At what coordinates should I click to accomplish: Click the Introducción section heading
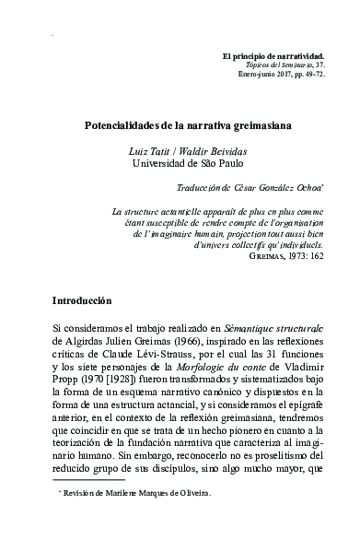coord(81,274)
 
